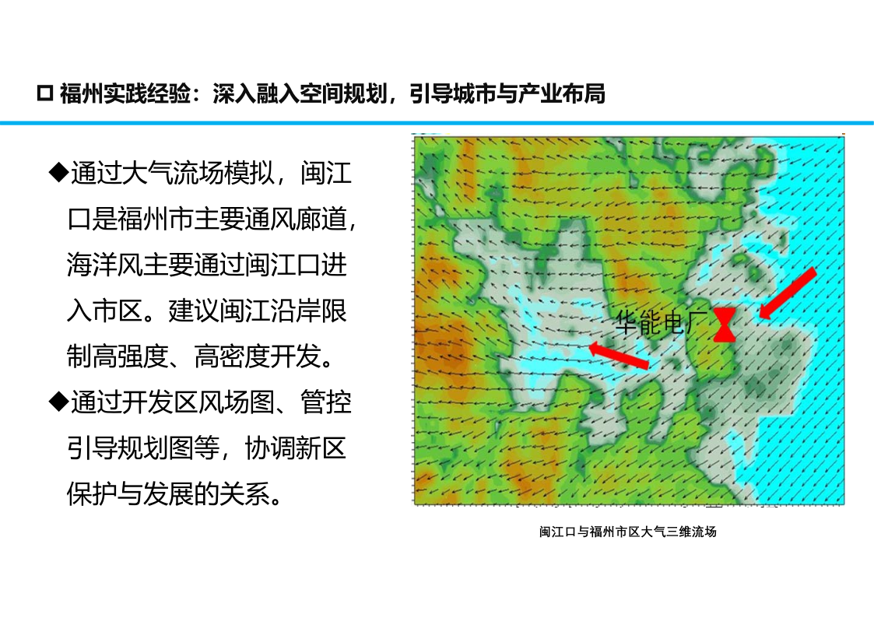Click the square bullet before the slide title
pos(44,93)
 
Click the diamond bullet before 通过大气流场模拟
pos(58,172)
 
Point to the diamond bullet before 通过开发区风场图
pos(58,401)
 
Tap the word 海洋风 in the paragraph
pos(104,264)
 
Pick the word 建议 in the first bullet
pos(194,310)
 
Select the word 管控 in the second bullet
pos(326,401)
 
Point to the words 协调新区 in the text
pos(296,447)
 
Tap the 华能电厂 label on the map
pos(662,322)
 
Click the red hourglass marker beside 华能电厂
pos(724,325)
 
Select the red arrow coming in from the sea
pos(788,293)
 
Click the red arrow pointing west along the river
pos(619,355)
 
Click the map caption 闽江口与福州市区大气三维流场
pos(627,532)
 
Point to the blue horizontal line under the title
pos(437,123)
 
